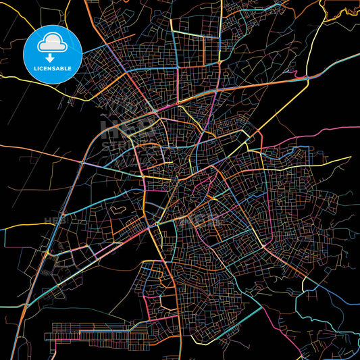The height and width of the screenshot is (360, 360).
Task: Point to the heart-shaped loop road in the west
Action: coord(120,211)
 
